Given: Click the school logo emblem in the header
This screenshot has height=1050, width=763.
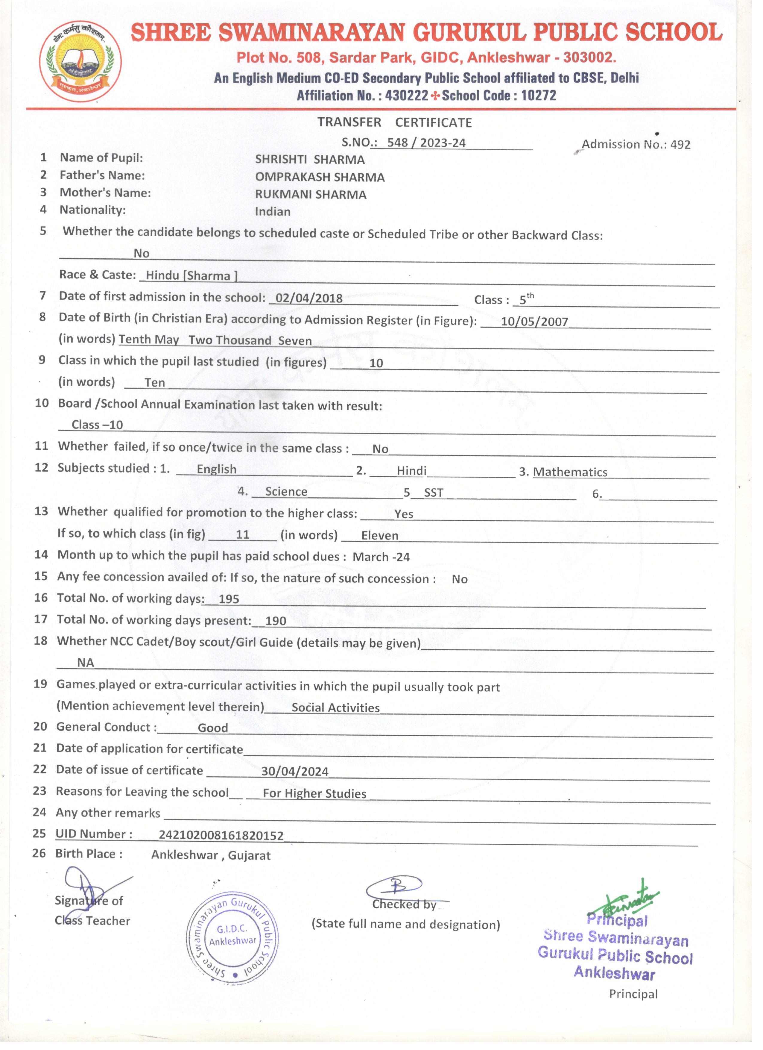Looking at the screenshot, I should click(x=80, y=61).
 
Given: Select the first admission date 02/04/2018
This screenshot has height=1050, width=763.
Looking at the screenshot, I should click(x=308, y=298).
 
